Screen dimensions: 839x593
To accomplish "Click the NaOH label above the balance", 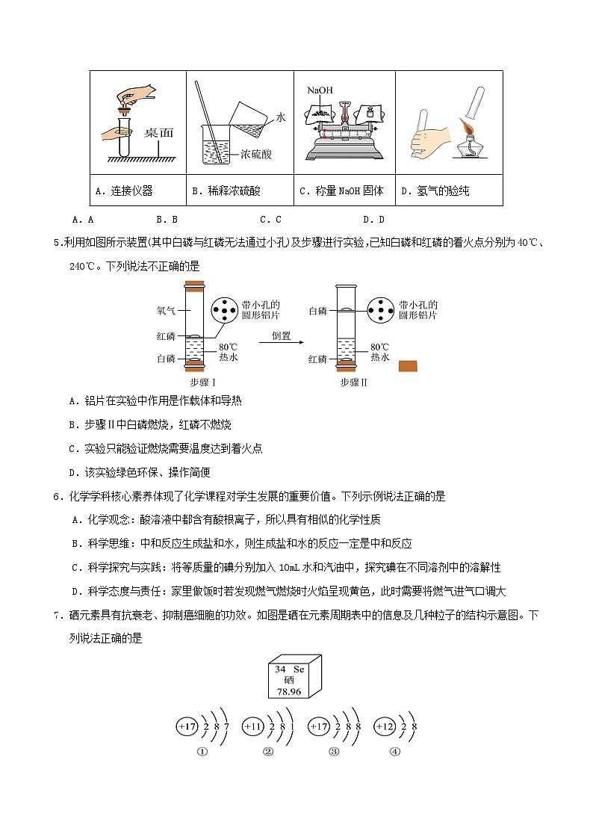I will coord(318,90).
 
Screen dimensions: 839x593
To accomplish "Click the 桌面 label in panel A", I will coord(158,133).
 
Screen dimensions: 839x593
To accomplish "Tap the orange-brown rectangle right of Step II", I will coord(408,365).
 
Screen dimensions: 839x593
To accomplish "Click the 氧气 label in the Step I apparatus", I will coord(166,310).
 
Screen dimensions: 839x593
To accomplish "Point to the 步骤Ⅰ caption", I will coord(202,383).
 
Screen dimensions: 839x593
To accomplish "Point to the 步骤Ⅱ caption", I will coord(354,383).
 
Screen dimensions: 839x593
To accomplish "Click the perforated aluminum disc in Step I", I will coord(226,311).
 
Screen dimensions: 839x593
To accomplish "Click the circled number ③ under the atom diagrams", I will coord(333,752).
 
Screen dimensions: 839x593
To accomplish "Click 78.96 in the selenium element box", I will coord(288,692).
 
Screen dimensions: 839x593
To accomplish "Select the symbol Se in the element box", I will coord(299,669).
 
